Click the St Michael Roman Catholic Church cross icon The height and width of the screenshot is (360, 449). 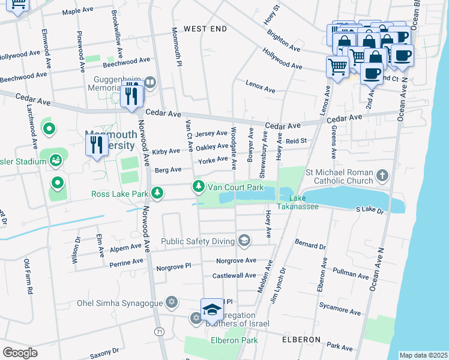tap(382, 176)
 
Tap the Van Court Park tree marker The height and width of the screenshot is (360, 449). tap(198, 187)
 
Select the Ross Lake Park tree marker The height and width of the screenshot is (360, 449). tap(157, 193)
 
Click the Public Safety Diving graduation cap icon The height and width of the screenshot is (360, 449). tap(244, 242)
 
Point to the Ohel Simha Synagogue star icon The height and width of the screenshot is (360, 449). tap(172, 302)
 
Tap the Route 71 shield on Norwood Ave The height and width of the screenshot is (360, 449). tap(158, 331)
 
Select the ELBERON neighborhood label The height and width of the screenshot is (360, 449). tap(301, 340)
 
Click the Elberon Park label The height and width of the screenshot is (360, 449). tap(234, 340)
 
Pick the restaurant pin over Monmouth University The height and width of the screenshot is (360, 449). tap(97, 145)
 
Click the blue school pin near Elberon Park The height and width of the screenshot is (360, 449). tap(212, 310)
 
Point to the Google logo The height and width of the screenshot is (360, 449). tap(20, 353)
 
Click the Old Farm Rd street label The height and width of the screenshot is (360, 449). tap(26, 276)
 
